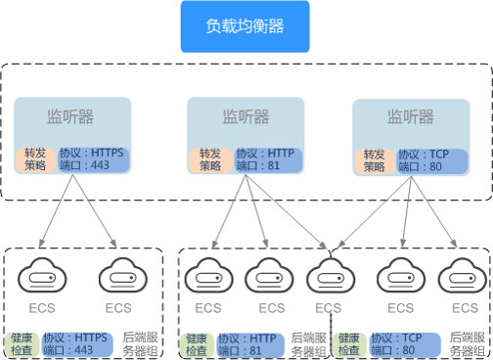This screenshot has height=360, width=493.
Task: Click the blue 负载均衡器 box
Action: pos(245,26)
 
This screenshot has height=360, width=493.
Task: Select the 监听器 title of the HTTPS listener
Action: pos(70,117)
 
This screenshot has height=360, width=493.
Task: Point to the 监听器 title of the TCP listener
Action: pos(411,117)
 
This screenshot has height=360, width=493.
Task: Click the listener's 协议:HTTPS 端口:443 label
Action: pos(92,160)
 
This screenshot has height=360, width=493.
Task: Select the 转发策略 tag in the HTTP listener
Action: pos(210,160)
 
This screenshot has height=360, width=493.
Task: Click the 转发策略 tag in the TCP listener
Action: pos(374,160)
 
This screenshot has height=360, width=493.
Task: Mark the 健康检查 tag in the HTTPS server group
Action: pos(21,342)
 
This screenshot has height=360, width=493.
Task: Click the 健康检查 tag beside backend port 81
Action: pos(197,343)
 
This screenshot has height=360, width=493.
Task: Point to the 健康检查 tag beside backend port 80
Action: pos(349,343)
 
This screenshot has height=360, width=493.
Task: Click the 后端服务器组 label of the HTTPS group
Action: pos(141,342)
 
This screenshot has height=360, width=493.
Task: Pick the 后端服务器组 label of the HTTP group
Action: pos(308,343)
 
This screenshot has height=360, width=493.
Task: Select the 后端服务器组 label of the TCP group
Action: pos(467,343)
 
